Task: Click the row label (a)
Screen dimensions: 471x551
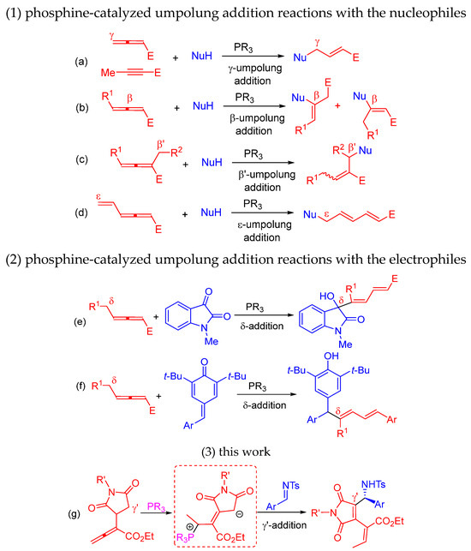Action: pyautogui.click(x=81, y=62)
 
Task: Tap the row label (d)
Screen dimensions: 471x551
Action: pyautogui.click(x=81, y=213)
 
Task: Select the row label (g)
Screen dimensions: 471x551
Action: pyautogui.click(x=75, y=514)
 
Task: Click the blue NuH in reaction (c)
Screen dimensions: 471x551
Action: pyautogui.click(x=212, y=162)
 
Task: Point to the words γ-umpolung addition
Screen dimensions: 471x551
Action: pyautogui.click(x=254, y=75)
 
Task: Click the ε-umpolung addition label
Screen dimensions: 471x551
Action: pyautogui.click(x=264, y=231)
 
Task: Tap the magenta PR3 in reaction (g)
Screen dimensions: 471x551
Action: pyautogui.click(x=156, y=507)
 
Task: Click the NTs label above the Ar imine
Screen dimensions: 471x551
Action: pyautogui.click(x=291, y=486)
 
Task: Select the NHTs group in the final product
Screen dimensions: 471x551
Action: pyautogui.click(x=373, y=484)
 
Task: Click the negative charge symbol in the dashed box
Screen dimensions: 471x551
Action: pyautogui.click(x=239, y=514)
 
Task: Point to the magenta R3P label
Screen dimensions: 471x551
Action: pyautogui.click(x=186, y=538)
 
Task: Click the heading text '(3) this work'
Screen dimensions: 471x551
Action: pyautogui.click(x=235, y=452)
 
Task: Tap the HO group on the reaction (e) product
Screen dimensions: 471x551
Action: pyautogui.click(x=326, y=296)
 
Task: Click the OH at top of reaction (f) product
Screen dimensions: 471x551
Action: pyautogui.click(x=331, y=356)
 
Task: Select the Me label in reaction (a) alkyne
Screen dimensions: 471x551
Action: pyautogui.click(x=108, y=72)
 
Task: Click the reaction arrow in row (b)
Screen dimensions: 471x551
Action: pyautogui.click(x=253, y=106)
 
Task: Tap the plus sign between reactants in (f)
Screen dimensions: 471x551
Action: pyautogui.click(x=158, y=396)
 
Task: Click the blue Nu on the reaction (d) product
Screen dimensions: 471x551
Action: pyautogui.click(x=310, y=214)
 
